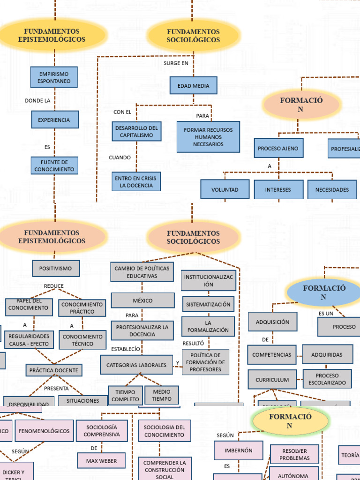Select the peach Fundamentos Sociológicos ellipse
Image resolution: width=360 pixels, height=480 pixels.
click(x=193, y=237)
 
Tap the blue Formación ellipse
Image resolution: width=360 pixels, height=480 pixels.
click(x=323, y=292)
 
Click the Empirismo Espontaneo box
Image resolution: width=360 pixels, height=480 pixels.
click(x=54, y=77)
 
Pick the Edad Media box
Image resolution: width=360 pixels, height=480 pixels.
click(x=193, y=86)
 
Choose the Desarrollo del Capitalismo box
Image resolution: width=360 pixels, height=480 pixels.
click(x=136, y=131)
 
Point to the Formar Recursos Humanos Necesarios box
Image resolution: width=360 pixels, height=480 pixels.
click(x=208, y=137)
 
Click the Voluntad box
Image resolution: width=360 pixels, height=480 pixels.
click(x=225, y=189)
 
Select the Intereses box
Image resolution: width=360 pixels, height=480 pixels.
click(x=278, y=189)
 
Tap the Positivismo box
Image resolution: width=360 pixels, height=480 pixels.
click(x=56, y=269)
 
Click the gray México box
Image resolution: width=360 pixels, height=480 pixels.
click(x=142, y=300)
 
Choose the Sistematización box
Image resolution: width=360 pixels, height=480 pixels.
click(x=208, y=304)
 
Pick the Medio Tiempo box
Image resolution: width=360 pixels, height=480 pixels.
click(x=161, y=395)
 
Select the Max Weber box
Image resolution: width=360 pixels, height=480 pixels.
click(x=101, y=460)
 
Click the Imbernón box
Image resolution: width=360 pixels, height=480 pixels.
click(x=238, y=450)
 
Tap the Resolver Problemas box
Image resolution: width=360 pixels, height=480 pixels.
click(x=294, y=454)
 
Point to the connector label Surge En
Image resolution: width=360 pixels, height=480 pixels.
click(x=176, y=63)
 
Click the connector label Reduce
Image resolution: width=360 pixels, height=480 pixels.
click(x=53, y=286)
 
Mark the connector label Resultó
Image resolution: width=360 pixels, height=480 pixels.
click(x=193, y=343)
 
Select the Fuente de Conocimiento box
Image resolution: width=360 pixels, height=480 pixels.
click(x=54, y=165)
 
